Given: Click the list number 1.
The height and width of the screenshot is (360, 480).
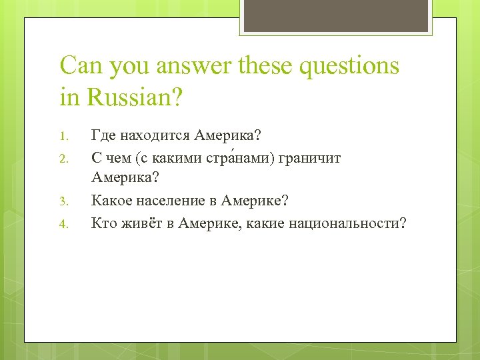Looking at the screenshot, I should click(x=63, y=137).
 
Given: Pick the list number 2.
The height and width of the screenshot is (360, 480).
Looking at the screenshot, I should click(x=63, y=159).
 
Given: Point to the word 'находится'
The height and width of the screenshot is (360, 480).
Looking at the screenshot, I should click(x=155, y=136).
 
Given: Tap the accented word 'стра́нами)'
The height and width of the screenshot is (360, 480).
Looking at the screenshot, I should click(x=232, y=158).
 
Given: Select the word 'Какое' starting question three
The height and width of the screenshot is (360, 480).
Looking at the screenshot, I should click(x=109, y=201).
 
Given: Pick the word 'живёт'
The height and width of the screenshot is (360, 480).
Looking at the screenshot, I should click(x=140, y=223).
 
